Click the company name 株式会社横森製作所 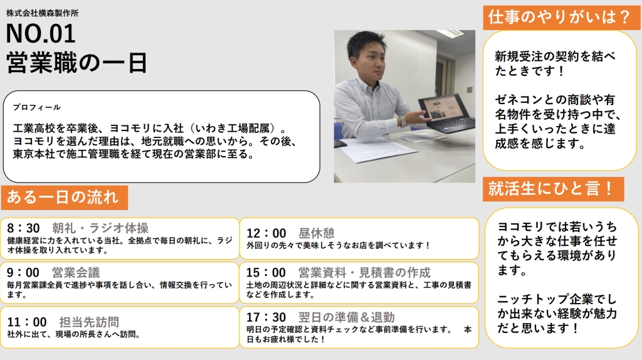pyautogui.click(x=42, y=13)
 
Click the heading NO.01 pyautogui.click(x=41, y=34)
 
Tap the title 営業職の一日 pyautogui.click(x=76, y=63)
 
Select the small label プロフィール pyautogui.click(x=37, y=107)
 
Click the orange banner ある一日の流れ pyautogui.click(x=65, y=198)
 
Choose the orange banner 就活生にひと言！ pyautogui.click(x=554, y=189)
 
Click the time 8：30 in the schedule pyautogui.click(x=23, y=228)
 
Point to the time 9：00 pyautogui.click(x=23, y=272)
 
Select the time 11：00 pyautogui.click(x=27, y=322)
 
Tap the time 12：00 pyautogui.click(x=266, y=233)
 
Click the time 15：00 pyautogui.click(x=266, y=272)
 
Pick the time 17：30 pyautogui.click(x=266, y=317)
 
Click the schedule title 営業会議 pyautogui.click(x=76, y=272)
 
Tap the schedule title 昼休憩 pyautogui.click(x=317, y=233)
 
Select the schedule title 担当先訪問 pyautogui.click(x=89, y=322)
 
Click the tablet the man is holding pyautogui.click(x=442, y=112)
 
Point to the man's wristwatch pyautogui.click(x=403, y=122)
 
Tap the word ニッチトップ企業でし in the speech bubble pyautogui.click(x=557, y=299)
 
